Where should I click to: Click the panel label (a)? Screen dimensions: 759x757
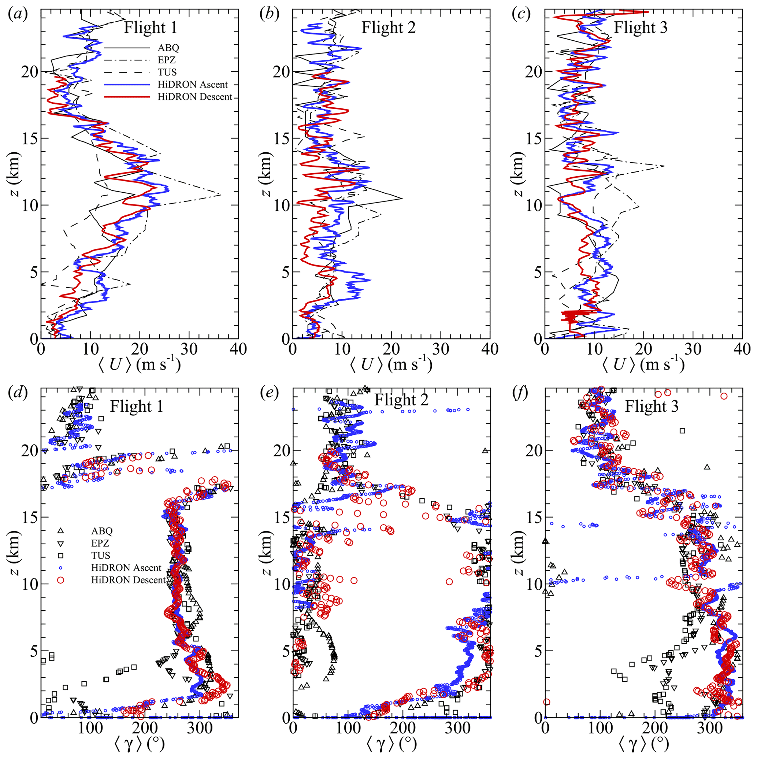pos(18,15)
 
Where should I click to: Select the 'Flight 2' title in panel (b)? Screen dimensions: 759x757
pos(388,28)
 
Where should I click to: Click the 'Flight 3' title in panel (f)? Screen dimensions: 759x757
pos(652,406)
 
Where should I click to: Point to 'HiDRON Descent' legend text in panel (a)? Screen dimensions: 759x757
pos(195,97)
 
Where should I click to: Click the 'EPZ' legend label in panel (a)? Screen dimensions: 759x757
pos(167,60)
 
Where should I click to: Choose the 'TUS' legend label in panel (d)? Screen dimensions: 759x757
pos(101,555)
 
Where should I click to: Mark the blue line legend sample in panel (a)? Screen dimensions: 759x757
pos(127,85)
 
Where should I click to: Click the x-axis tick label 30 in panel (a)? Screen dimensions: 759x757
pos(189,349)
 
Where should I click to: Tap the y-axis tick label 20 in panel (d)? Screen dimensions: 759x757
pos(30,451)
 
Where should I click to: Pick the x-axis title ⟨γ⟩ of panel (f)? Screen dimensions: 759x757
pos(643,744)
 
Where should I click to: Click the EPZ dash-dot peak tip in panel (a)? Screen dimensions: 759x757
pos(221,195)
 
